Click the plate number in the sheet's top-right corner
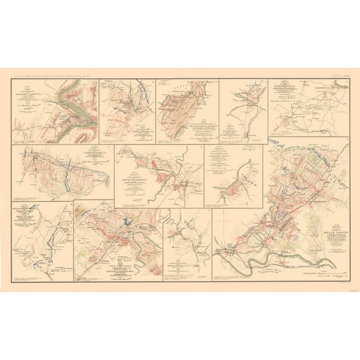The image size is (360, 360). pyautogui.click(x=335, y=75)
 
